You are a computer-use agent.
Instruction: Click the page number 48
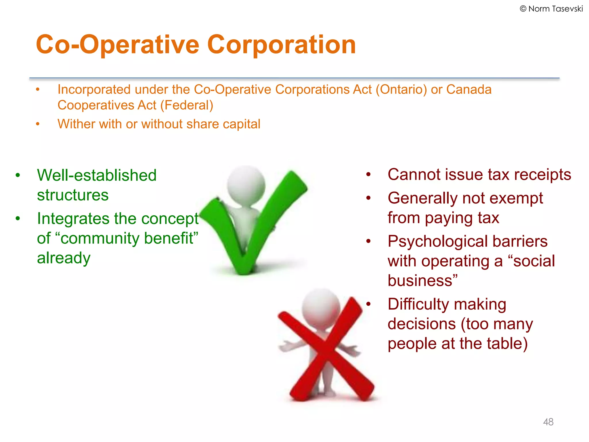click(548, 422)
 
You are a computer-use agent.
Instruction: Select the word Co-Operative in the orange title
click(118, 45)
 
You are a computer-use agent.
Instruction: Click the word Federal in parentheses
click(187, 105)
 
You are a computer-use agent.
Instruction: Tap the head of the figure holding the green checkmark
click(246, 184)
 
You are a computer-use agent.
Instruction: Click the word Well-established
click(97, 175)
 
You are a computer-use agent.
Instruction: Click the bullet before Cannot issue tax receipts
click(368, 174)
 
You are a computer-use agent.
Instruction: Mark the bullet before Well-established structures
click(18, 175)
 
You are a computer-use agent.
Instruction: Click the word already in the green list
click(64, 258)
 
